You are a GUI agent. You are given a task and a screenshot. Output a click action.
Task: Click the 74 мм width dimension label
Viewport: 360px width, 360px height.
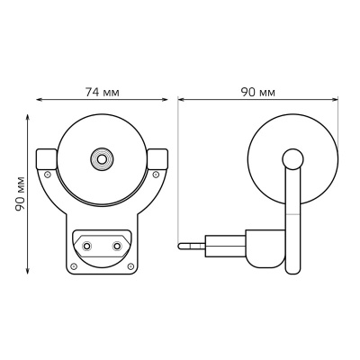coord(102,93)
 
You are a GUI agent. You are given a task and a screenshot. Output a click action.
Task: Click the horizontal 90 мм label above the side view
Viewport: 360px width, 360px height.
coord(258,93)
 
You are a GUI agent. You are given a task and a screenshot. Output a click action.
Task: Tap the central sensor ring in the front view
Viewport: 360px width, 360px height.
coord(102,160)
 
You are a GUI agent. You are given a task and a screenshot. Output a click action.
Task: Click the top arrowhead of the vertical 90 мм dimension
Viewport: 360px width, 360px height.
coord(27,115)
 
